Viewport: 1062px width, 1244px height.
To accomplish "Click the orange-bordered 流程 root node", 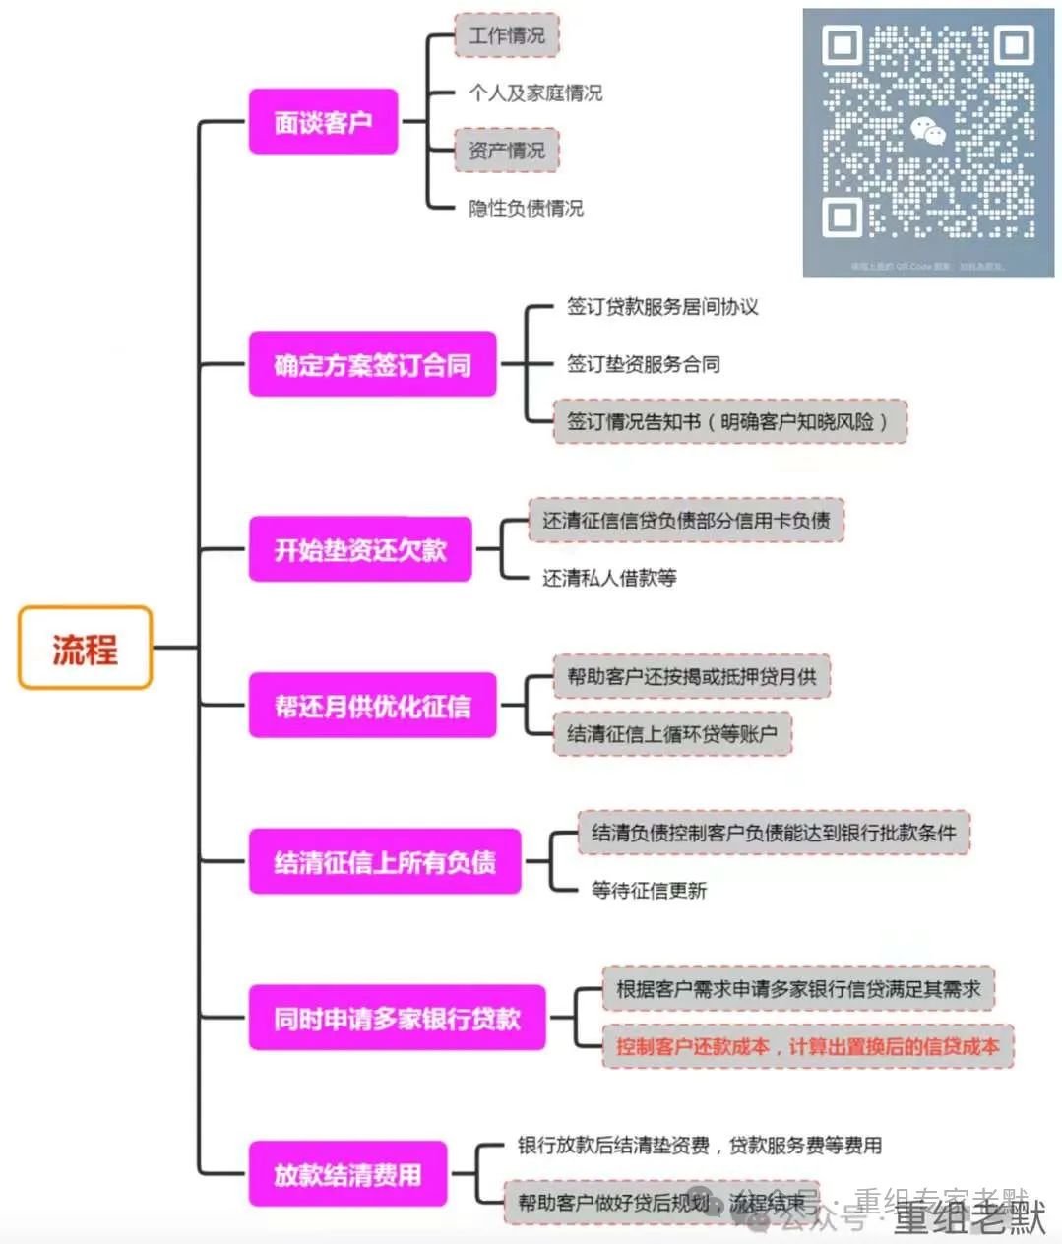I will click(85, 648).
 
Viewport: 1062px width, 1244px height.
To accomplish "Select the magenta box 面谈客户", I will click(323, 122).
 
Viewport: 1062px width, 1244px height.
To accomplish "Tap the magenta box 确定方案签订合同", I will click(372, 364).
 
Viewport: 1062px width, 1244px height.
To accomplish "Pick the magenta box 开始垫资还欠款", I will click(360, 549).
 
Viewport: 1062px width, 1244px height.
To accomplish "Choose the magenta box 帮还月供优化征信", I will click(372, 706).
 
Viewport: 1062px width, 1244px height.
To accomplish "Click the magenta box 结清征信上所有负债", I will click(384, 862).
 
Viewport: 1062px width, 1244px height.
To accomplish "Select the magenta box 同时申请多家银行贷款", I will click(397, 1018).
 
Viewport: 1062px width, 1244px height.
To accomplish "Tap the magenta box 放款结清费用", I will click(347, 1174).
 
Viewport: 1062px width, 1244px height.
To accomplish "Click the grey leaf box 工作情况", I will click(506, 35).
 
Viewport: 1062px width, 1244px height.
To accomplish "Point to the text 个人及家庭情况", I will click(535, 93).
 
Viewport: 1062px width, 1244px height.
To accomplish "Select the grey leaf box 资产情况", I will click(506, 151).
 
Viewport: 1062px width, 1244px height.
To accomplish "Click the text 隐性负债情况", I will click(526, 208).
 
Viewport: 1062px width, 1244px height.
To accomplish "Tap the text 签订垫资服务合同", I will click(644, 364).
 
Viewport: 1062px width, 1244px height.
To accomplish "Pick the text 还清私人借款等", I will click(609, 578).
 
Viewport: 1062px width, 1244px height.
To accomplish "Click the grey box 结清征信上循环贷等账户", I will click(672, 733).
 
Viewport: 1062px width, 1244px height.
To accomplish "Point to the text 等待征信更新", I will click(649, 891).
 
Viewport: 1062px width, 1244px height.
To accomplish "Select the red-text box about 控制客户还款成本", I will click(807, 1046).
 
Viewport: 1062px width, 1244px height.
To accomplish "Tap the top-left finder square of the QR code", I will click(843, 45).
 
